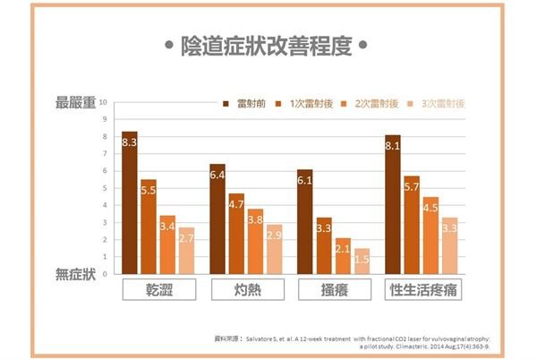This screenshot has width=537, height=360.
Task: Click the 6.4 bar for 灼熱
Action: click(217, 219)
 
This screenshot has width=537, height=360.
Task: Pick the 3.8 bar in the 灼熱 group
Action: click(255, 241)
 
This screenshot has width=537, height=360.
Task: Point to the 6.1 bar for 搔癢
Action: click(305, 221)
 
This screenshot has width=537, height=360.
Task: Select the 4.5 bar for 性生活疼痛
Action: click(430, 235)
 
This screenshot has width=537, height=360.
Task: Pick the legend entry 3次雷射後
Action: click(436, 104)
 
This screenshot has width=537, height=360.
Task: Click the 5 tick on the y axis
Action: click(105, 188)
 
